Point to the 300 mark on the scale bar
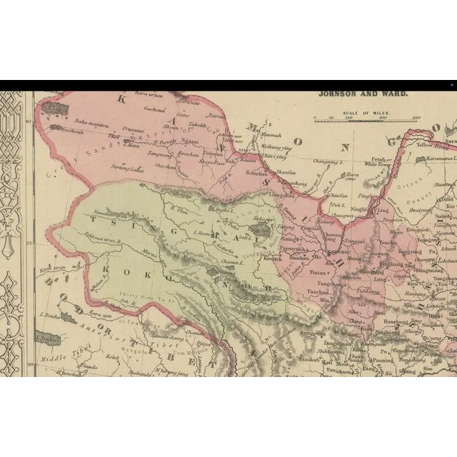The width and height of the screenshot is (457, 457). (416, 119)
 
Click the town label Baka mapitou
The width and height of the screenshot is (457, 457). (79, 124)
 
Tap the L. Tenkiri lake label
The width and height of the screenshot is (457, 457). (48, 339)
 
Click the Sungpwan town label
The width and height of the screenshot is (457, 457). (313, 334)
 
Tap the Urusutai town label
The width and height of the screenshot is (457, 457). (136, 129)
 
